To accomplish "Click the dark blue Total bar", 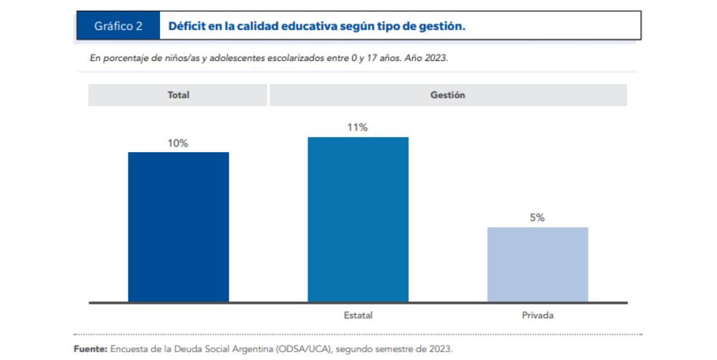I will [179, 227].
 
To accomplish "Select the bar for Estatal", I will [358, 219].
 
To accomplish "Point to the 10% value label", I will [178, 143].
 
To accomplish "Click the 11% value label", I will [358, 128].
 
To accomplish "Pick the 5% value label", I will [537, 218].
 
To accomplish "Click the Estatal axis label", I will [358, 315].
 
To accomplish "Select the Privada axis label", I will [538, 315].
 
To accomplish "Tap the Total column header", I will [178, 95].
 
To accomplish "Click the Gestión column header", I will [447, 95].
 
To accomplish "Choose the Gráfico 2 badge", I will [118, 27].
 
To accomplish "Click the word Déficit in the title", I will [187, 27].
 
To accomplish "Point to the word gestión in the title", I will [442, 27].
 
